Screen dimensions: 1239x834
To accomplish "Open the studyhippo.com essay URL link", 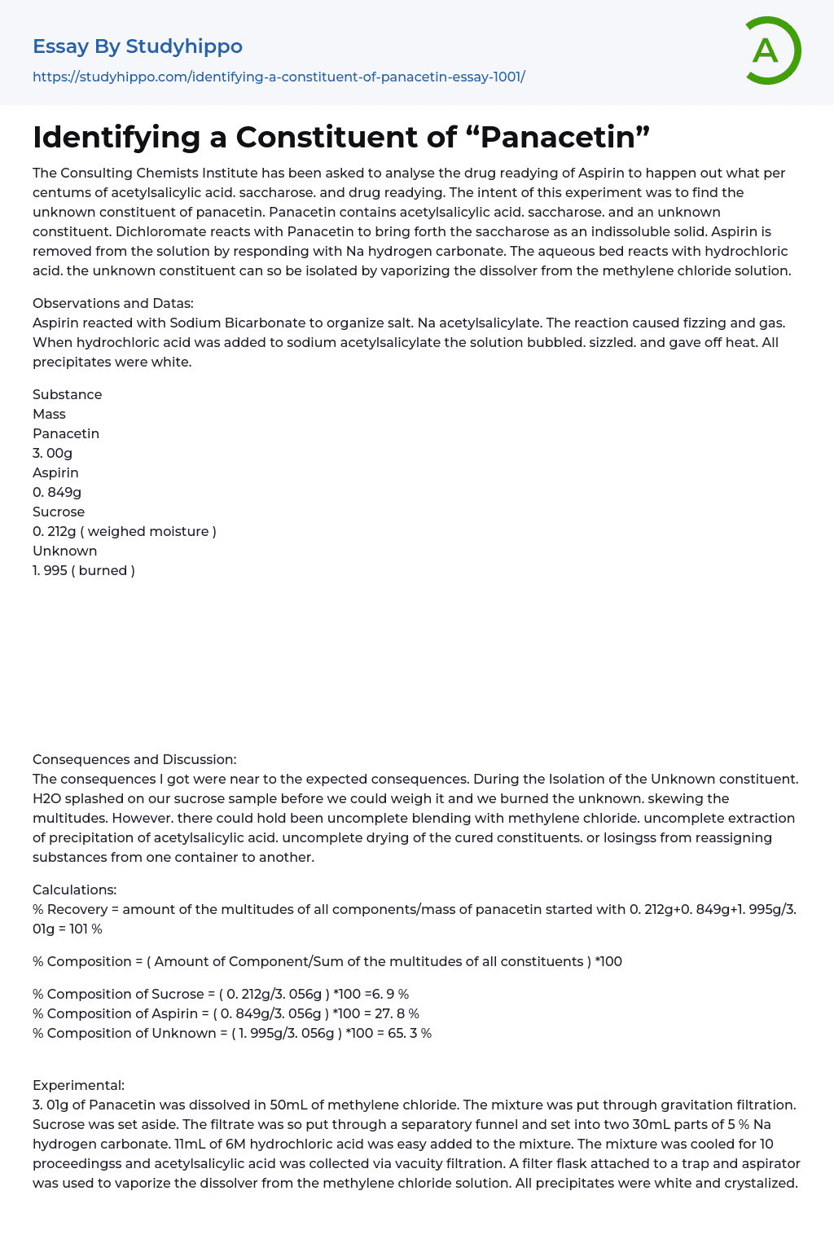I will [x=279, y=77].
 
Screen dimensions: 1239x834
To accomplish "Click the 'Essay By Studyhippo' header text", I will [x=138, y=46].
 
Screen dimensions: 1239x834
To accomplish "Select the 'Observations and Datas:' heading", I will [x=113, y=303].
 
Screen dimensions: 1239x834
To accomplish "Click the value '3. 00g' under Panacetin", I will [x=53, y=453].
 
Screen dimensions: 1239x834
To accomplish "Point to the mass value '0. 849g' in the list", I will [x=57, y=492].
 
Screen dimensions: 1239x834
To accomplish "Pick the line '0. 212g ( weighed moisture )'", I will [x=125, y=531].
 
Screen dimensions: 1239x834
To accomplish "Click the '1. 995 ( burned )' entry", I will [x=84, y=570].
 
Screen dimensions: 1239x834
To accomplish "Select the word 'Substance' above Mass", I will [x=68, y=394].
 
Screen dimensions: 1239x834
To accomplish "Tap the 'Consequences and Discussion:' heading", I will [x=134, y=759].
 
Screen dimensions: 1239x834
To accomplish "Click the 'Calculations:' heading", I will [x=75, y=890].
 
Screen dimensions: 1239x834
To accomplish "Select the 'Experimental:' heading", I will [x=79, y=1085].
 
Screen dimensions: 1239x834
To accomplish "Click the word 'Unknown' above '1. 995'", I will [x=65, y=551].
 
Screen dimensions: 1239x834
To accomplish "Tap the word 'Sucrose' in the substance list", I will [x=59, y=512].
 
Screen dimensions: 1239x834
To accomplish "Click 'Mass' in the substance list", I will [x=49, y=414].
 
